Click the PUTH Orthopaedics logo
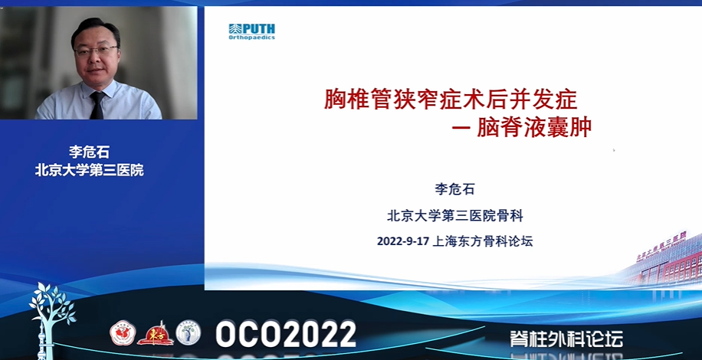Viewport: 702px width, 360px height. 251,31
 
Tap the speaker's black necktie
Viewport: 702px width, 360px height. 97,106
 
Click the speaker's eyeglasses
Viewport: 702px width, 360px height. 96,50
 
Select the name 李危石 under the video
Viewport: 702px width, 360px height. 89,152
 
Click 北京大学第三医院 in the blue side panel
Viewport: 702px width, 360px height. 90,170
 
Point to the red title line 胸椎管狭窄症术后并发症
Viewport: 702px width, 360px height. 451,100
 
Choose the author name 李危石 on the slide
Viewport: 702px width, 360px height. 454,189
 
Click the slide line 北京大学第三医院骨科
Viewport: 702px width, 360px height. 455,217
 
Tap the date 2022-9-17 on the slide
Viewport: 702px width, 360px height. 403,242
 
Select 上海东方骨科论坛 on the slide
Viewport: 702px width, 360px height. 483,242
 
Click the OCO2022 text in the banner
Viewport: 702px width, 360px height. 286,334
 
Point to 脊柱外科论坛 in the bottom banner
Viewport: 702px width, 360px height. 566,339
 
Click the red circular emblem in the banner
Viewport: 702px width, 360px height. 123,333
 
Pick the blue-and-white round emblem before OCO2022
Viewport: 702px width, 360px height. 188,332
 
